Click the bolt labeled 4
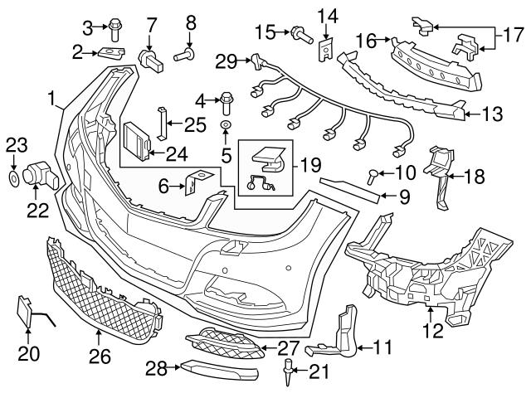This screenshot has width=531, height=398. coord(227,104)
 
